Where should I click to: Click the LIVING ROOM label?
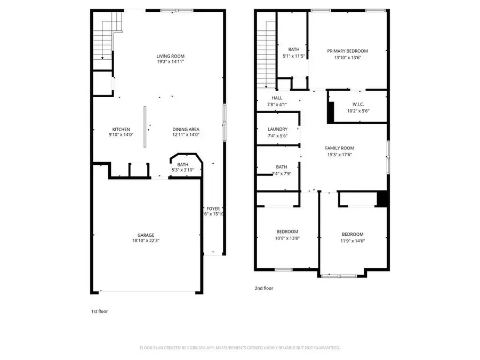coord(170,56)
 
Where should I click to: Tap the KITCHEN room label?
coord(121,129)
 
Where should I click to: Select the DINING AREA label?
coord(186,129)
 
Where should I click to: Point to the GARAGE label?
coord(146,235)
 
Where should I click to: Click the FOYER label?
coord(213,209)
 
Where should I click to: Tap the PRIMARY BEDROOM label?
coord(347,51)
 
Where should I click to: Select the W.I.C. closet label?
coord(358,105)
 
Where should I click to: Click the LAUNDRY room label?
coord(277,129)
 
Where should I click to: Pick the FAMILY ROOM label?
coord(340,148)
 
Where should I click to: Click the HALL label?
coord(277,98)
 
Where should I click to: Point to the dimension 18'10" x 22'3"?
coord(146,241)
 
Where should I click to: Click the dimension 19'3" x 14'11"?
coord(170,62)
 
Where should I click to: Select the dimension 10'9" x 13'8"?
coord(287,238)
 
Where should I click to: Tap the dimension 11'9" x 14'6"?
coord(353,241)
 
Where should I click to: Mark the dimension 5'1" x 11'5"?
coord(293,55)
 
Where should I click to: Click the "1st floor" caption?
coord(99,311)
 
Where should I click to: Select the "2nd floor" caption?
coord(263,288)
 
